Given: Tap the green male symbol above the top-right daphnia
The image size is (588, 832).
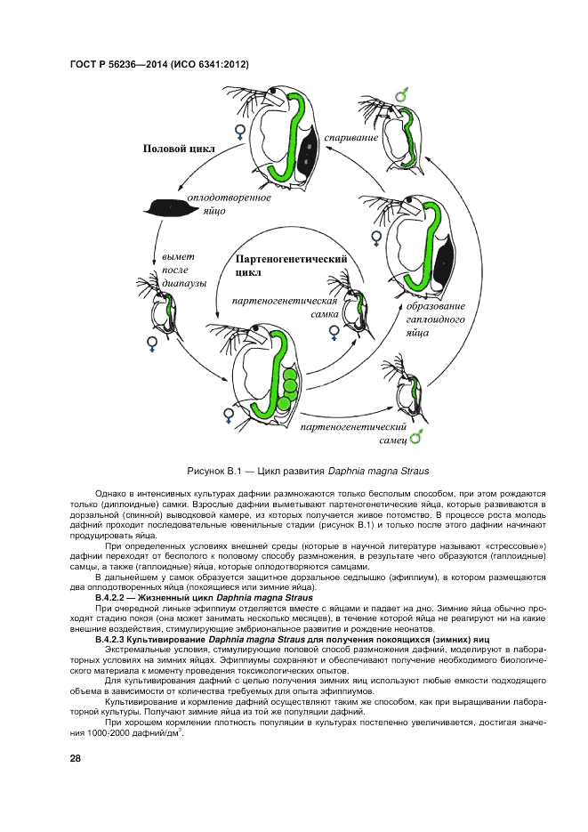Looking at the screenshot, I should [x=402, y=93].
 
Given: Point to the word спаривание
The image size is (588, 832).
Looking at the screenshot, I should [x=351, y=138].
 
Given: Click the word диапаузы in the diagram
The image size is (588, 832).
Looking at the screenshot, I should [x=184, y=284].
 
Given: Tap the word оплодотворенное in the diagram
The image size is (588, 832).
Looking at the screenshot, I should [x=229, y=197].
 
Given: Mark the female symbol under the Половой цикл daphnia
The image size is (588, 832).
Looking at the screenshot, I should [x=239, y=133].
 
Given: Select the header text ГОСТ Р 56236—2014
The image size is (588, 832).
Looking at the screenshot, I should [x=125, y=64].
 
